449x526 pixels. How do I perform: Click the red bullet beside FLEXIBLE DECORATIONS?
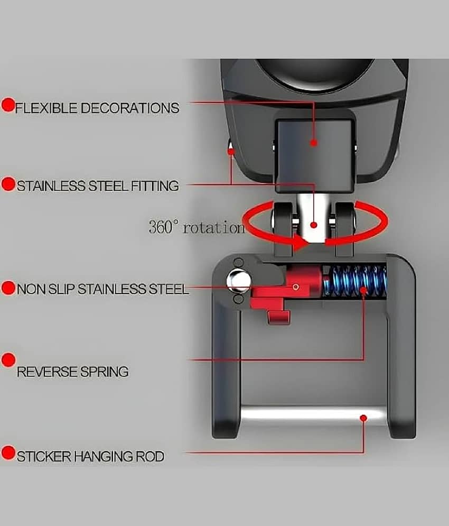[8, 105]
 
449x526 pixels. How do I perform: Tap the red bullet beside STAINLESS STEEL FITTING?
[8, 184]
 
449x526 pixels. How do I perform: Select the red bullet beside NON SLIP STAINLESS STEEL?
[8, 288]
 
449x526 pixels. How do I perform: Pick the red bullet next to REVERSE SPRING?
[8, 360]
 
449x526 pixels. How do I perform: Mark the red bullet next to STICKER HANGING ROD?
[8, 453]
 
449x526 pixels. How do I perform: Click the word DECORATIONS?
[130, 108]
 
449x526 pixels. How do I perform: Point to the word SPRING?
[105, 372]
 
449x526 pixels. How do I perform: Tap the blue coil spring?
[355, 281]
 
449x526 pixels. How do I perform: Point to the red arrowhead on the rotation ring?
[300, 242]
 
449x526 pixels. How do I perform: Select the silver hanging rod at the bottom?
[314, 416]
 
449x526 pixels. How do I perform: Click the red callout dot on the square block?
[314, 143]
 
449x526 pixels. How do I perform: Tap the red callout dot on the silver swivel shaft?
[314, 225]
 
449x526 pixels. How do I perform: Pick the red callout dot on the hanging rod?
[363, 418]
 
